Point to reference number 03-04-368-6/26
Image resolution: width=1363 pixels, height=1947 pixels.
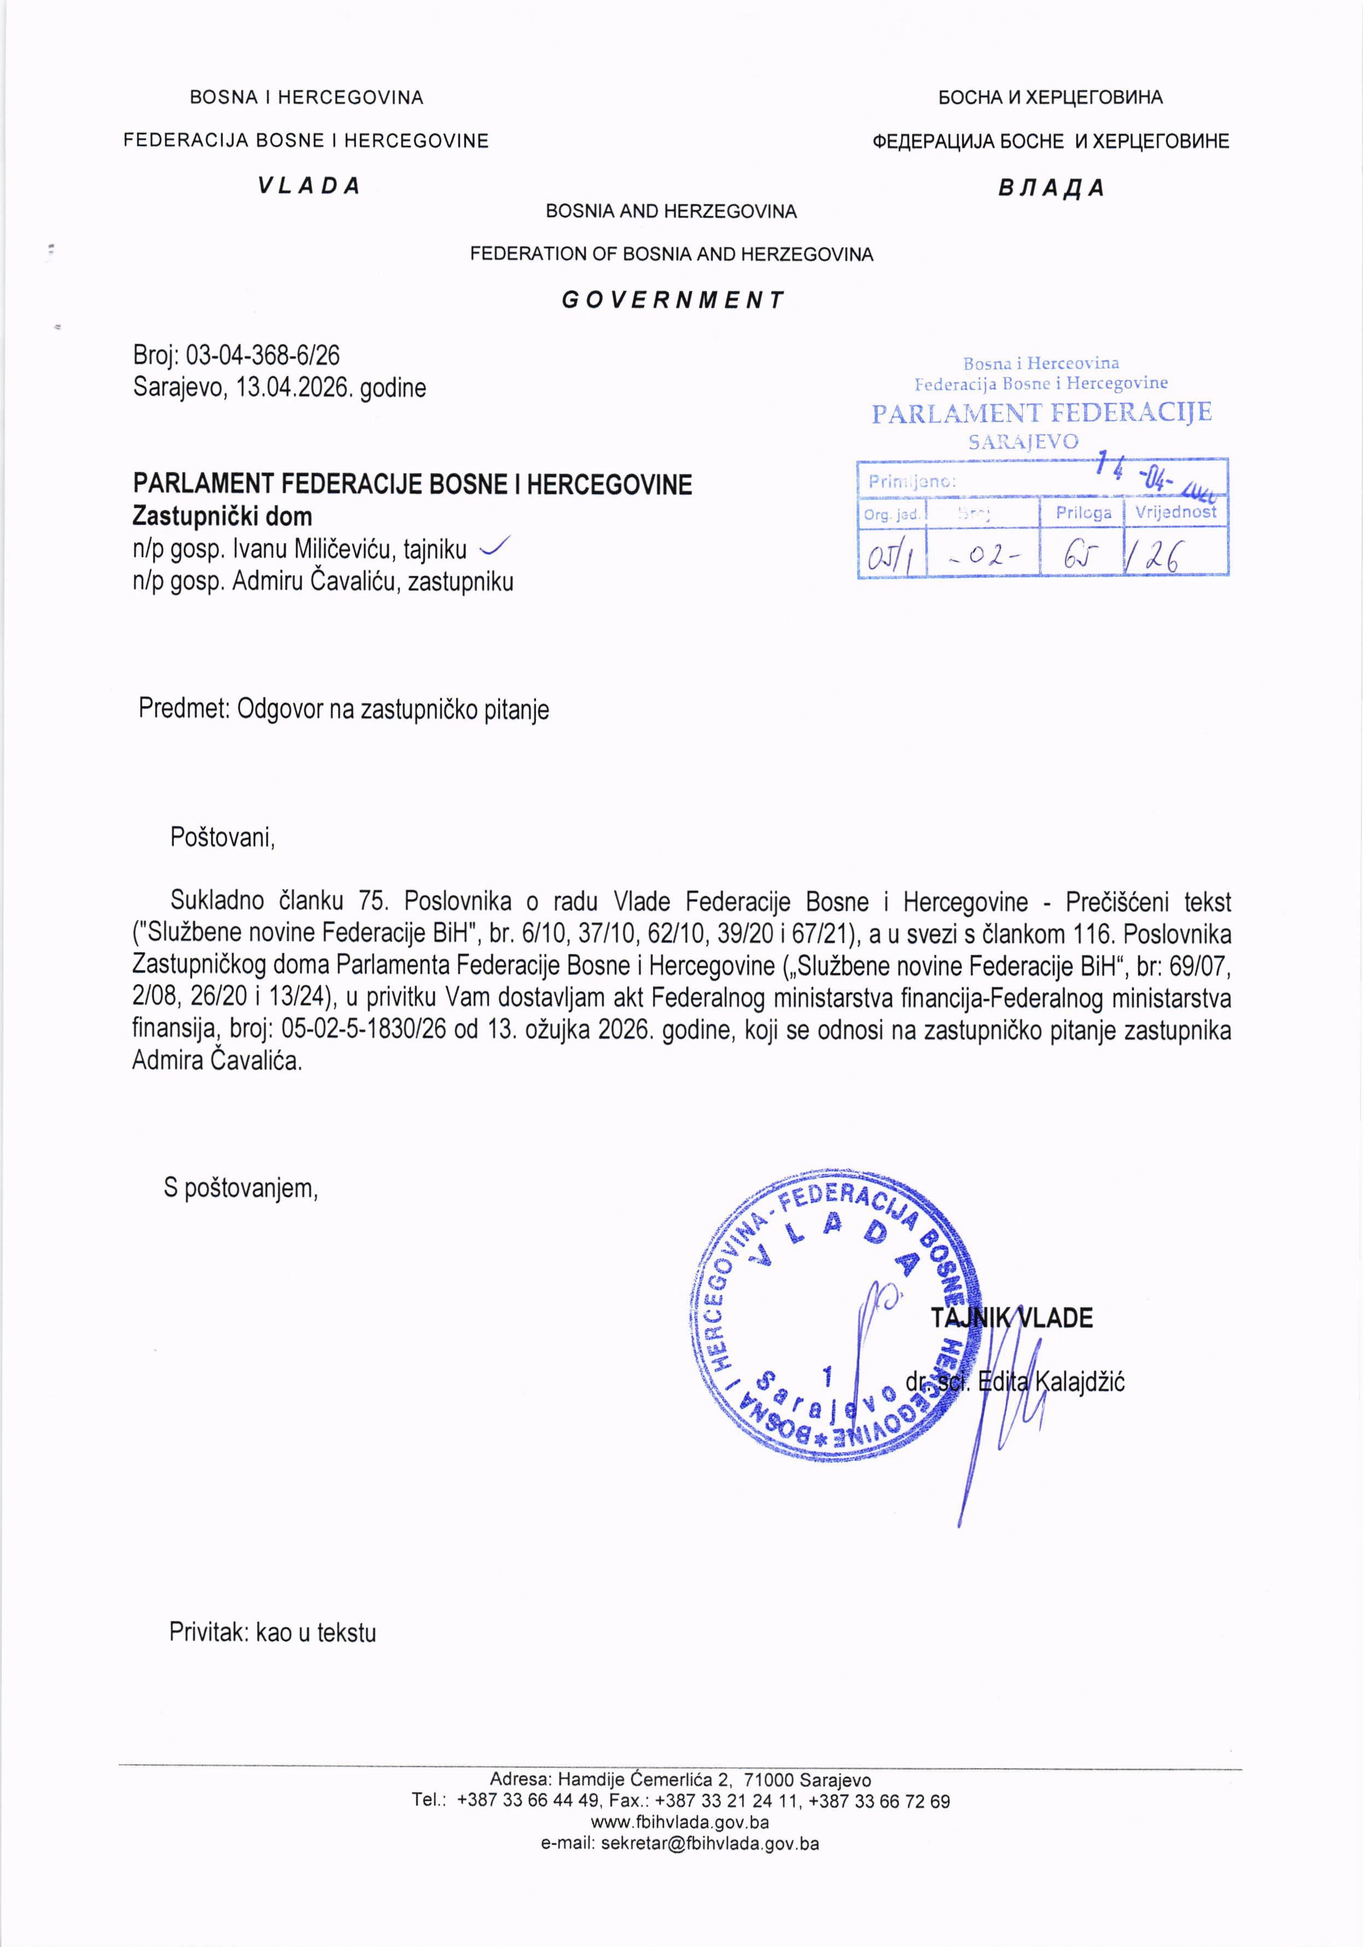263,354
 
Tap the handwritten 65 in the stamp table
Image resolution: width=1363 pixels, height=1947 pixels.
1081,556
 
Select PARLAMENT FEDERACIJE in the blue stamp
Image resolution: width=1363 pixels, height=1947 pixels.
1042,413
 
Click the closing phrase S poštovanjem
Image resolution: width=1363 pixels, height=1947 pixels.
241,1188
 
